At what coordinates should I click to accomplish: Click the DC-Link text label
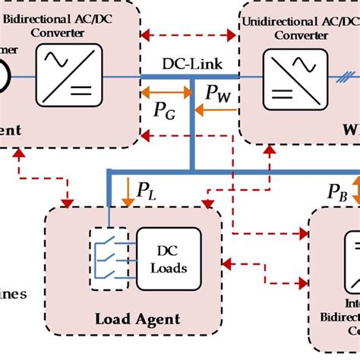[x=190, y=64]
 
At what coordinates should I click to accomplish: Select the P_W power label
[x=219, y=94]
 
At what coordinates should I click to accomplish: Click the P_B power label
[x=337, y=191]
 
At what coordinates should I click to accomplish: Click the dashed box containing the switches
[x=109, y=259]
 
